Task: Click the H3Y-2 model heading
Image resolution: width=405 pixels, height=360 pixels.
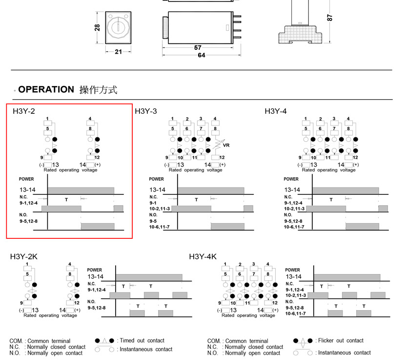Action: (x=24, y=111)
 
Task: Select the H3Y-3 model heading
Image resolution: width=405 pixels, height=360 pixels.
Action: (x=146, y=111)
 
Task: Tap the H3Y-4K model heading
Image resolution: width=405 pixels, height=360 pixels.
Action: (x=202, y=256)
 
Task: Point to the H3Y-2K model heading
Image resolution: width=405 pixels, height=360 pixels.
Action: (x=24, y=256)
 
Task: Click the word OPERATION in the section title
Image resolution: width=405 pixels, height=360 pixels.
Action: (x=46, y=89)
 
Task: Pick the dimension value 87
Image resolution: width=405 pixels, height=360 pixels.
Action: (x=330, y=17)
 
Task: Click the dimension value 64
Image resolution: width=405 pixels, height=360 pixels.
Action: (x=201, y=55)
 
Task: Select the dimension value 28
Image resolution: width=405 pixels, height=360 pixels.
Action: (x=97, y=28)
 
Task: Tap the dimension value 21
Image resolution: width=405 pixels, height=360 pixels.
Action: (x=118, y=52)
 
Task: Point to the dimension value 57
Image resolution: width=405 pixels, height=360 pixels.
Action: (x=198, y=48)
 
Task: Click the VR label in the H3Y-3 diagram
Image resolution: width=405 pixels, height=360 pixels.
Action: (x=226, y=146)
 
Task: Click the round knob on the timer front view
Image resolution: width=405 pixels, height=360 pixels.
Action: (x=118, y=26)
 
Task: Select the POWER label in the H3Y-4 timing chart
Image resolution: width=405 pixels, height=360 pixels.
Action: (x=291, y=179)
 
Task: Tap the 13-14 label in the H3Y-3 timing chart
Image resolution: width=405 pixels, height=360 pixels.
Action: (x=157, y=190)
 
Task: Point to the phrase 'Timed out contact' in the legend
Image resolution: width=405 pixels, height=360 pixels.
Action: (x=142, y=340)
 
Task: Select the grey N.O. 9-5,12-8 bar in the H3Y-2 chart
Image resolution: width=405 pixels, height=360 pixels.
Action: (x=98, y=226)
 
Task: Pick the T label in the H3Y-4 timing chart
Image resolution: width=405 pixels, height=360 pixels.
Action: (x=331, y=199)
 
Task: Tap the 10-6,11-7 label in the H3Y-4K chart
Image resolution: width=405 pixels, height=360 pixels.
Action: (x=295, y=313)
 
